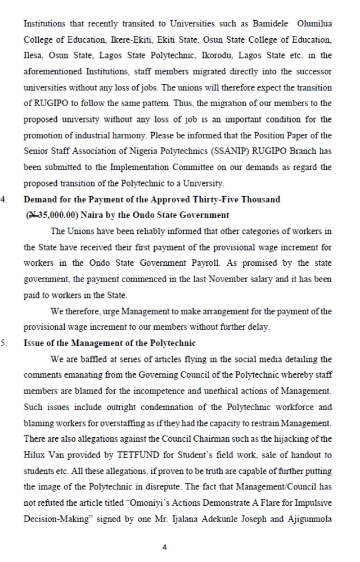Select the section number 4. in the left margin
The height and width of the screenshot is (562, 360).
point(4,199)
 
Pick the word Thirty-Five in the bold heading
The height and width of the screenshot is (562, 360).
point(221,199)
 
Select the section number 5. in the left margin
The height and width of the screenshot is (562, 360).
point(4,343)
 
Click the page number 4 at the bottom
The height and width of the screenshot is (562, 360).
point(164,547)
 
